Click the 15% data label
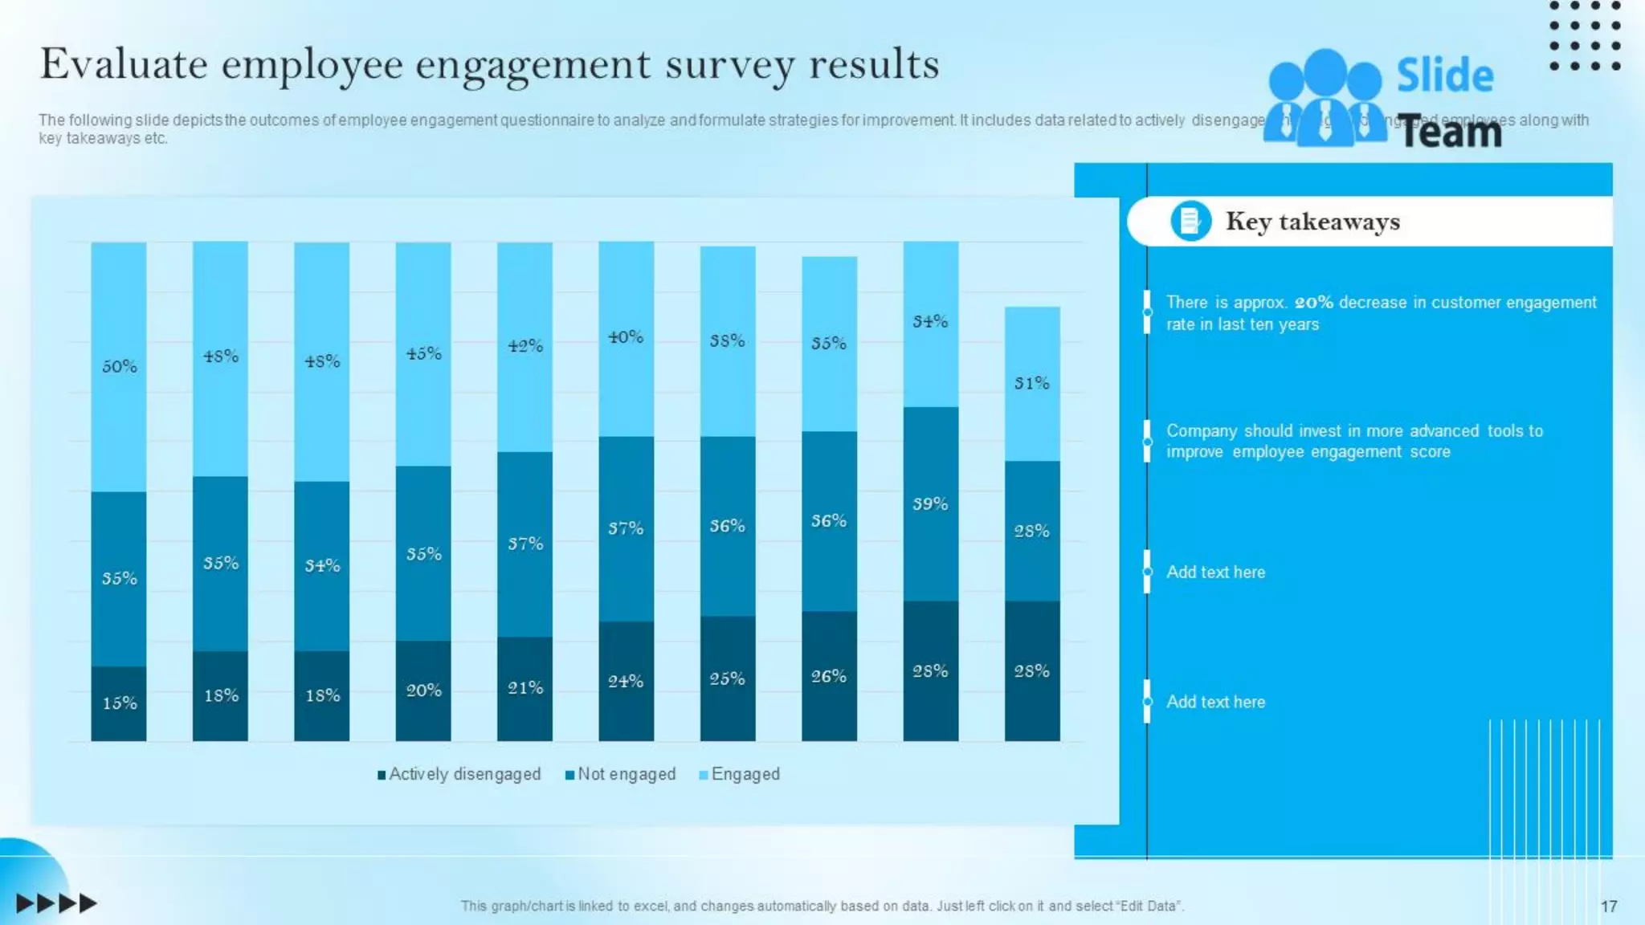tap(120, 703)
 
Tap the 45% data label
tap(424, 353)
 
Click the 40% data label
tap(626, 337)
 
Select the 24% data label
tap(626, 682)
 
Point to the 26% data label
tap(829, 677)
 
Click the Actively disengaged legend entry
tap(459, 774)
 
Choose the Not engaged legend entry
tap(621, 774)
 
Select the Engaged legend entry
tap(740, 774)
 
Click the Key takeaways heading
tap(1312, 222)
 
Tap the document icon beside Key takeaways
tap(1190, 221)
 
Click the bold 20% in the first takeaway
tap(1313, 303)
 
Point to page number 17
tap(1608, 907)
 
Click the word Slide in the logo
tap(1445, 75)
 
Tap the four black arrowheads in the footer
tap(56, 903)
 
